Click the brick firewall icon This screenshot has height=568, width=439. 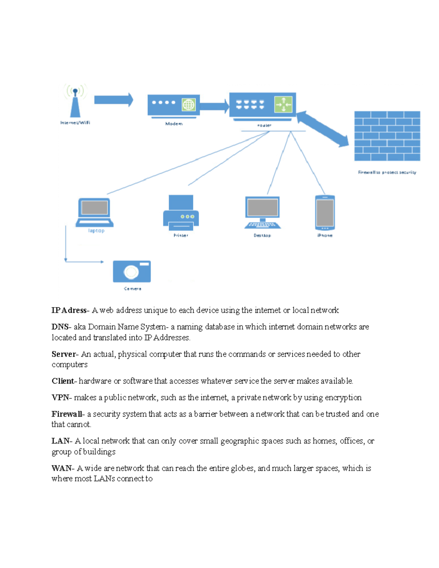point(387,136)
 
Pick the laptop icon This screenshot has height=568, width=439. point(95,212)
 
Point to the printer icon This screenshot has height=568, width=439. point(181,213)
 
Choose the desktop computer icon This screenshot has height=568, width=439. point(263,213)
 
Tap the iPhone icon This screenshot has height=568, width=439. point(325,213)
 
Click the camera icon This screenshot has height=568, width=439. point(132,271)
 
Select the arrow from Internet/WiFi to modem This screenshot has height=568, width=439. point(113,100)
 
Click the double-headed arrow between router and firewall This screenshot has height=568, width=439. point(322,129)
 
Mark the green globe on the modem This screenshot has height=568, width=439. point(188,105)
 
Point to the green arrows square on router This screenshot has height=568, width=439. point(284,105)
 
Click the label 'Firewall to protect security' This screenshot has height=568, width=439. point(387,172)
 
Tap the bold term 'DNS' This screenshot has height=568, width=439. point(60,327)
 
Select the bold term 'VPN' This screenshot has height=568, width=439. point(60,398)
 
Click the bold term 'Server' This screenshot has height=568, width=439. point(63,354)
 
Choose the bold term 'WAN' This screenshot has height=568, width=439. point(61,468)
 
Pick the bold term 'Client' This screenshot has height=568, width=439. point(63,381)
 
